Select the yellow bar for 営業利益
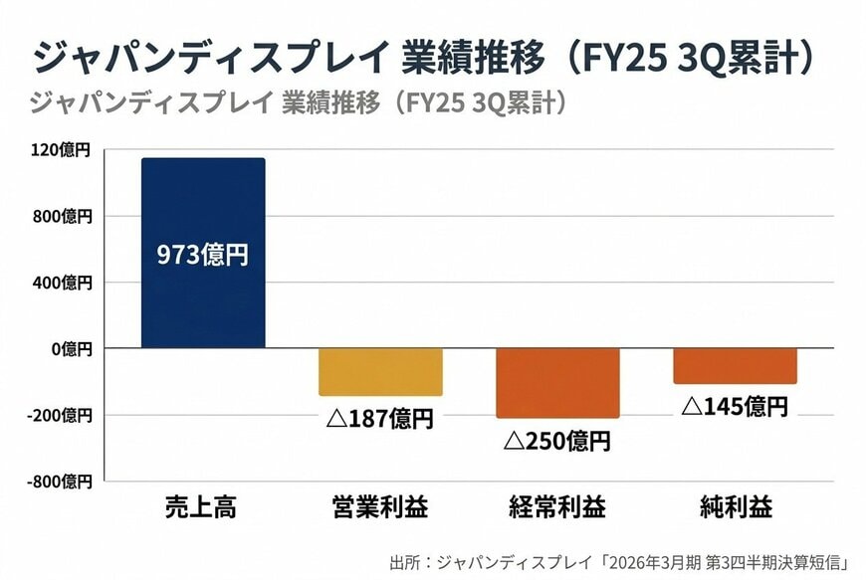pyautogui.click(x=380, y=371)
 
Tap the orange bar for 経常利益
pyautogui.click(x=557, y=382)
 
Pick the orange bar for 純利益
pyautogui.click(x=735, y=365)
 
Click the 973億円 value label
pyautogui.click(x=203, y=255)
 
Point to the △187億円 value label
pyautogui.click(x=380, y=418)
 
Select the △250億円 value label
pyautogui.click(x=557, y=440)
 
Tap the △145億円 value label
pyautogui.click(x=735, y=406)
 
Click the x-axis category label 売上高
pyautogui.click(x=203, y=508)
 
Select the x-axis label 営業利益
pyautogui.click(x=380, y=508)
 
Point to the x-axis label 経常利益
pyautogui.click(x=557, y=508)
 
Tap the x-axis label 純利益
pyautogui.click(x=735, y=508)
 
